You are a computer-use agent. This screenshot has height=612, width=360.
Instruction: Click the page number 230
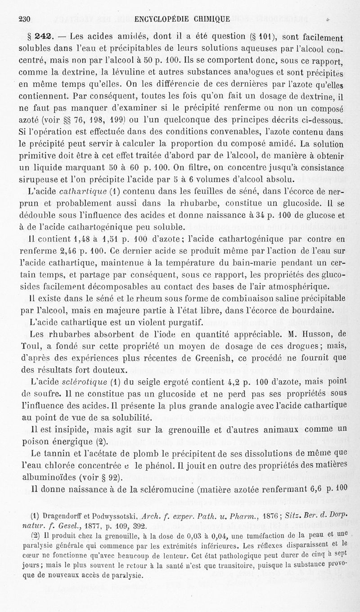point(23,18)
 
